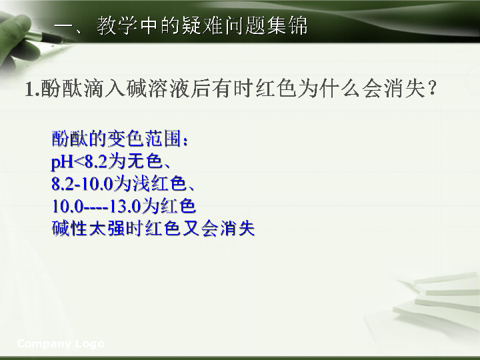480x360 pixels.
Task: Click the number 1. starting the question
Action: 33,89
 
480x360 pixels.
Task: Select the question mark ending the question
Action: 432,89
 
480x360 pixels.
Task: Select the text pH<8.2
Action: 79,161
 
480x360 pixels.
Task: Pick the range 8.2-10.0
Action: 82,184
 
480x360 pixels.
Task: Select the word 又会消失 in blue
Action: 218,228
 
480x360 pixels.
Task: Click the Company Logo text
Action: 61,344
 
